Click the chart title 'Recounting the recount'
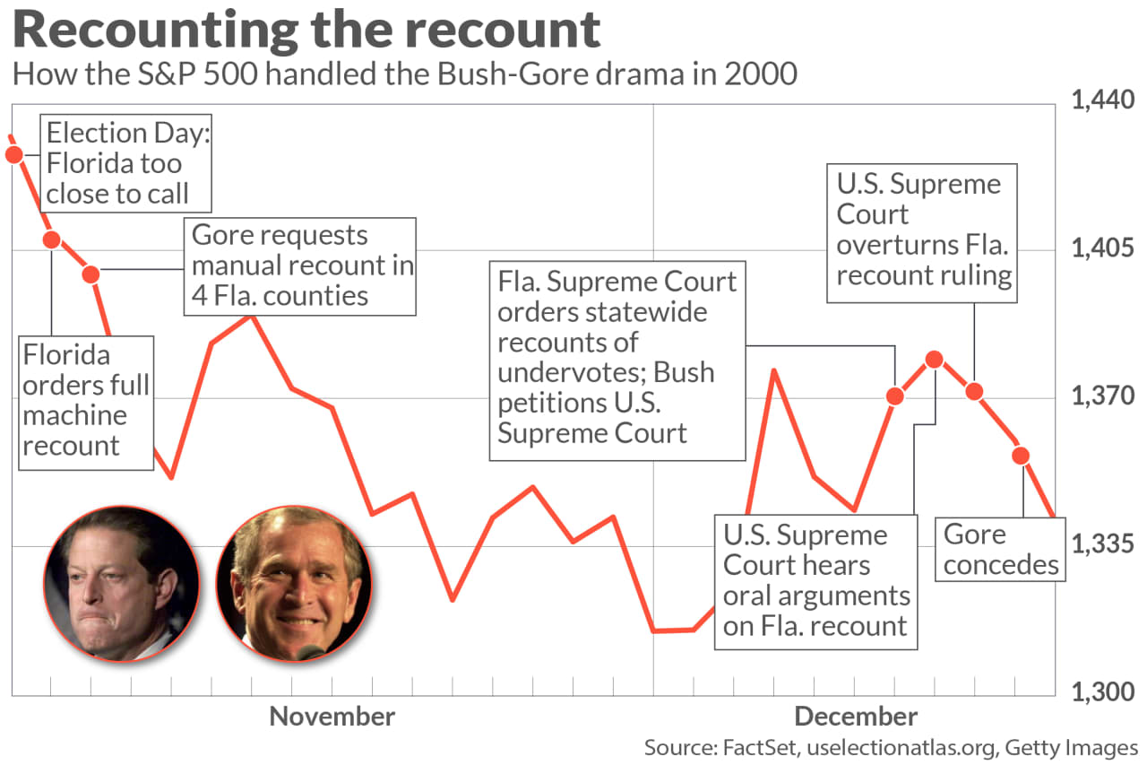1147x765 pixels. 306,30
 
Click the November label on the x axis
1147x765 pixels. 332,717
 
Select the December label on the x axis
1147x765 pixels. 856,717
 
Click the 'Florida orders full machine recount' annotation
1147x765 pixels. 86,401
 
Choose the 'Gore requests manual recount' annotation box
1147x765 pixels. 300,265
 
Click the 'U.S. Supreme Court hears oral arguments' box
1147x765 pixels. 815,581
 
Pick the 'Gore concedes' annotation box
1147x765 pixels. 1000,549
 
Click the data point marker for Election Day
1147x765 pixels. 13,155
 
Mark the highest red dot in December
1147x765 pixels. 935,360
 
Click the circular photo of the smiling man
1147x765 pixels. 293,584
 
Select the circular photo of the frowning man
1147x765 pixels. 122,584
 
